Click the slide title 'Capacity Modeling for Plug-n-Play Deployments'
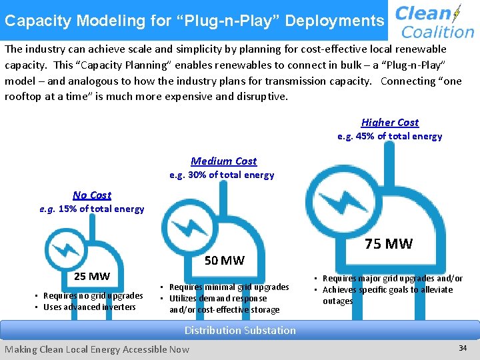(194, 21)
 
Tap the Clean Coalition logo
(434, 21)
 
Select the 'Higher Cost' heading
(390, 122)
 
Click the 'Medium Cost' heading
(223, 161)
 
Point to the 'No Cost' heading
(92, 195)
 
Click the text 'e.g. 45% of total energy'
(389, 136)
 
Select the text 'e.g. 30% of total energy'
(221, 175)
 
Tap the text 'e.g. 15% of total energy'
(92, 209)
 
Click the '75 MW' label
(389, 243)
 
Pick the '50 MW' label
(224, 260)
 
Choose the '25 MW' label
(92, 276)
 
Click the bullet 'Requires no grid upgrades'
(93, 295)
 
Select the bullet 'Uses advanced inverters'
(89, 307)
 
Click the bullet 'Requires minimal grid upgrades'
(229, 287)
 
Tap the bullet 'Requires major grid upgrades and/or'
(392, 278)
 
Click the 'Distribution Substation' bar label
(240, 330)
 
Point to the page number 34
(463, 348)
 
